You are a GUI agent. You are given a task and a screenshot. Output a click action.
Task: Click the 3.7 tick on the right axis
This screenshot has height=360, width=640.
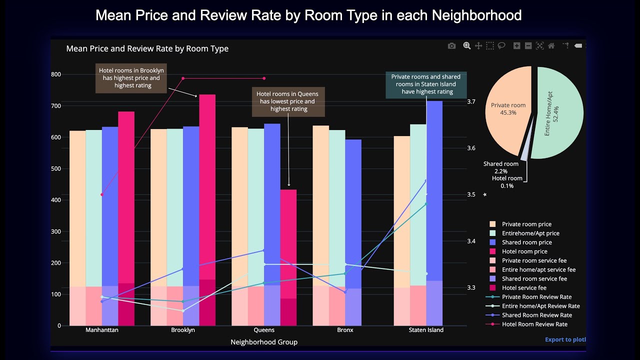[471, 101]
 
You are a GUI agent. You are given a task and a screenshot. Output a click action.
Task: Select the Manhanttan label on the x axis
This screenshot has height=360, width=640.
[102, 330]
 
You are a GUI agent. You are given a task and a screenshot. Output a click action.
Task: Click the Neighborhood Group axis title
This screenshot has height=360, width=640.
[264, 342]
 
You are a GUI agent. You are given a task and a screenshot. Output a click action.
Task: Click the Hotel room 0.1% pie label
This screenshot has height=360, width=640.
[507, 182]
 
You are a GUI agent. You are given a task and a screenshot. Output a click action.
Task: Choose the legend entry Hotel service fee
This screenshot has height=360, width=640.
[524, 288]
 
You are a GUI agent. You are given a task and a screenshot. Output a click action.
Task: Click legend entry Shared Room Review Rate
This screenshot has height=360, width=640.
[536, 315]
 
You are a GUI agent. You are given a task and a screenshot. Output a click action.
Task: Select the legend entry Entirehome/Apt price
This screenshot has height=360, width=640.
[530, 233]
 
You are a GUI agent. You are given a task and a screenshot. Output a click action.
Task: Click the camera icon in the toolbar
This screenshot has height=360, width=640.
[451, 46]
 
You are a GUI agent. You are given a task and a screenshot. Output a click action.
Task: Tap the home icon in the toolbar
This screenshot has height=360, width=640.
[551, 46]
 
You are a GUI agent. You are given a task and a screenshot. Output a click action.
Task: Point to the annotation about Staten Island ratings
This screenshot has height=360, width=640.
[425, 84]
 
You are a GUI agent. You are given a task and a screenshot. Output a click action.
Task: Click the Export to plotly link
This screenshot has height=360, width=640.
[565, 339]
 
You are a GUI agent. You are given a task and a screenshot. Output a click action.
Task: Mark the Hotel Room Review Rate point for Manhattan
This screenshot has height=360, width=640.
[101, 194]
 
